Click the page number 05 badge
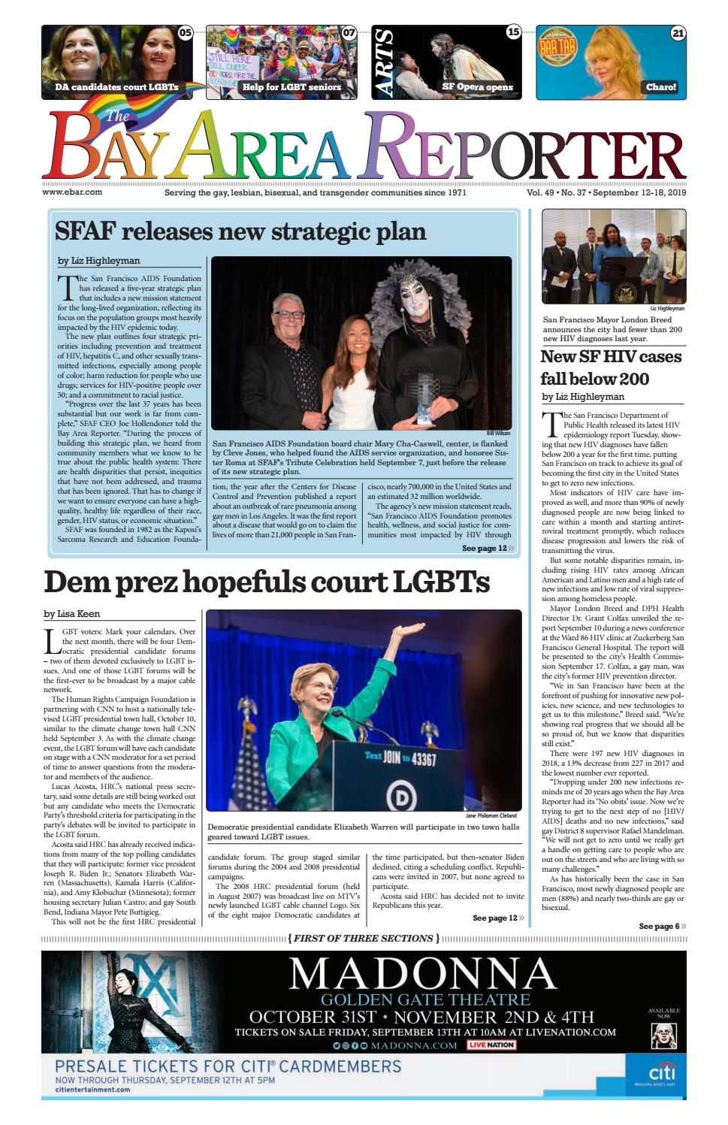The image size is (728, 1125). pos(185,33)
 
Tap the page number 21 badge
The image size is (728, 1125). pos(678,33)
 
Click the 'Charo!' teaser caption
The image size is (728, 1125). pos(661,87)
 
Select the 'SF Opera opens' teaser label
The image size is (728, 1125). pos(477,87)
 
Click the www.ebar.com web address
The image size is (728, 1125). pos(72,192)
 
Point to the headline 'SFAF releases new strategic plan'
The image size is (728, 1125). pos(240,231)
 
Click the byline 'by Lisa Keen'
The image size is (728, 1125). pos(72,614)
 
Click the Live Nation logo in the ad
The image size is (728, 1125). pos(491,1045)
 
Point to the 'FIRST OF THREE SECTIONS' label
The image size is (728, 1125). pos(364,938)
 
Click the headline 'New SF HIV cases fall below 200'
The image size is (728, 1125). pos(611,367)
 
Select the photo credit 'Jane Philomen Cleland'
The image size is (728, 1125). pos(492,815)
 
